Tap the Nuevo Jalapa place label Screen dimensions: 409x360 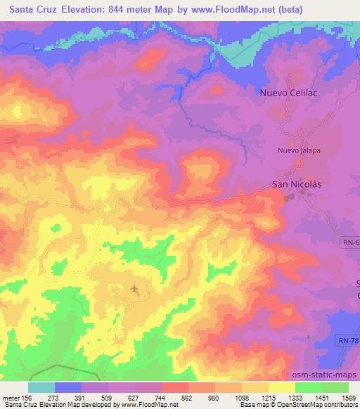(x=297, y=150)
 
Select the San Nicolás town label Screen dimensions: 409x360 (x=296, y=185)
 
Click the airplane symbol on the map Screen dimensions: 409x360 (x=134, y=288)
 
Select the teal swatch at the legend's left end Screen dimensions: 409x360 (x=41, y=387)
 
